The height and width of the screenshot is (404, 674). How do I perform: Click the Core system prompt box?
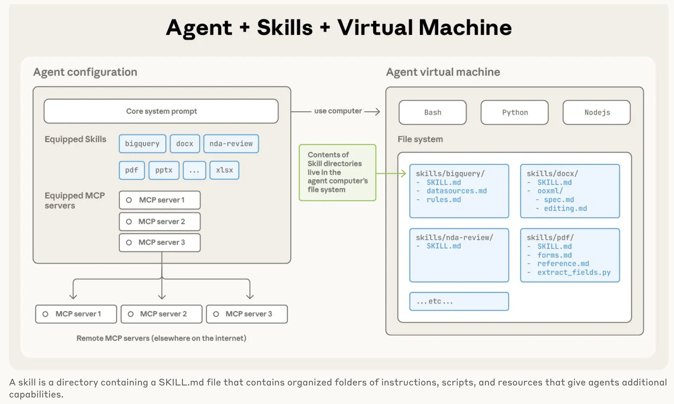(161, 111)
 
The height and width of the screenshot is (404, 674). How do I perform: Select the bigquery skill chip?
(142, 144)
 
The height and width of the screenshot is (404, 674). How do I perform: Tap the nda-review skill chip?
(231, 144)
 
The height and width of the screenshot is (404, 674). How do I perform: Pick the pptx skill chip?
(164, 170)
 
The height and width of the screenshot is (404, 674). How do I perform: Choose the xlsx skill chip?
(224, 170)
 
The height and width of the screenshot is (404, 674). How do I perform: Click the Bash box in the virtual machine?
(433, 112)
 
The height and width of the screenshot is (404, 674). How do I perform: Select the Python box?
(515, 112)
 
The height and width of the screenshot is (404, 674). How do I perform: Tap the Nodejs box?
(597, 112)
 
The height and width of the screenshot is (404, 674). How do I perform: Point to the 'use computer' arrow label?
(338, 111)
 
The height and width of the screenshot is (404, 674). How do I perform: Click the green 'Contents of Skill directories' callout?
(337, 172)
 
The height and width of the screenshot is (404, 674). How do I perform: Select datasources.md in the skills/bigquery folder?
(457, 191)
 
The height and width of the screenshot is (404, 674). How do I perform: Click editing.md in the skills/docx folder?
(565, 209)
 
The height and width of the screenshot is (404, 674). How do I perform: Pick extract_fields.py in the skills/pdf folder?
(574, 273)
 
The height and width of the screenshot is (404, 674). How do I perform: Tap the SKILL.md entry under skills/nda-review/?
(444, 246)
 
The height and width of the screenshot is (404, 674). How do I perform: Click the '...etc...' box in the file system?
(459, 301)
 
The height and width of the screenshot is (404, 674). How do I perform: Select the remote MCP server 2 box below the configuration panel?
(162, 314)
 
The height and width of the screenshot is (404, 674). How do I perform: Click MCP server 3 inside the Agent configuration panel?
(160, 243)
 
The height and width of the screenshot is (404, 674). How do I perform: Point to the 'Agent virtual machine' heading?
(443, 72)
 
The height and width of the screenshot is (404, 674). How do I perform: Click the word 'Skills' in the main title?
(285, 28)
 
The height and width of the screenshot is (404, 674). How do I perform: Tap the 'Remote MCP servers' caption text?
(161, 338)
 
